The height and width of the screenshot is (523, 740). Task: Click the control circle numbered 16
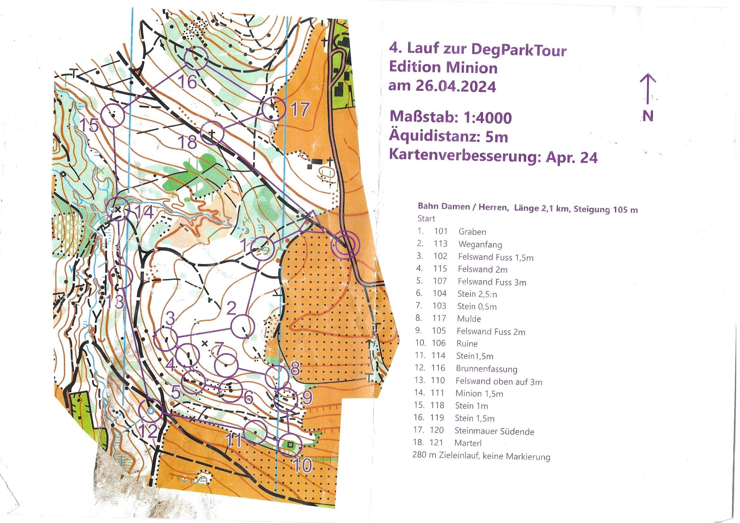(196, 58)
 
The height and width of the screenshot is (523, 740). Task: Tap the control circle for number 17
(274, 108)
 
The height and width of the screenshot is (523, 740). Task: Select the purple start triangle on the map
(311, 223)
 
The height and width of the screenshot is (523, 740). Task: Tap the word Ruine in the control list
(467, 343)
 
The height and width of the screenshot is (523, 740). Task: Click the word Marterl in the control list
(468, 443)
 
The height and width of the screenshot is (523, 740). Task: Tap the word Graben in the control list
(472, 231)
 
